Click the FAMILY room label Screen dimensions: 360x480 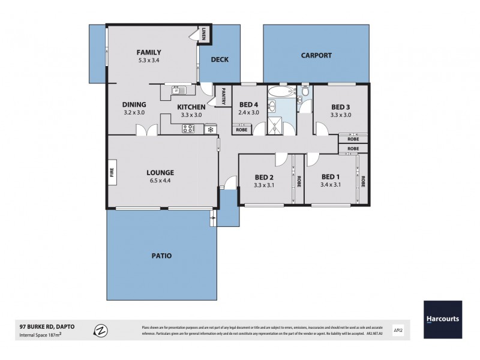click(148, 52)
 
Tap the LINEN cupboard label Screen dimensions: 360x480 click(204, 34)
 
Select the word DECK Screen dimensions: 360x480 click(219, 59)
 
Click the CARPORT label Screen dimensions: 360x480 click(316, 55)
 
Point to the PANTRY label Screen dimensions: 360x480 click(223, 97)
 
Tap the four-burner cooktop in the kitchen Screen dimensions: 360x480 click(188, 128)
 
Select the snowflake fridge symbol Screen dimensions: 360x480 click(210, 128)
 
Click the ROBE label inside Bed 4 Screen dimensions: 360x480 click(241, 129)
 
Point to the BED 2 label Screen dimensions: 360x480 click(264, 177)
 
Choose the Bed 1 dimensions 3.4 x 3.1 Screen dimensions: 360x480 click(331, 185)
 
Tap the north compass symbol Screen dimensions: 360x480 click(101, 331)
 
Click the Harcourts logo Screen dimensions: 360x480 click(443, 319)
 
